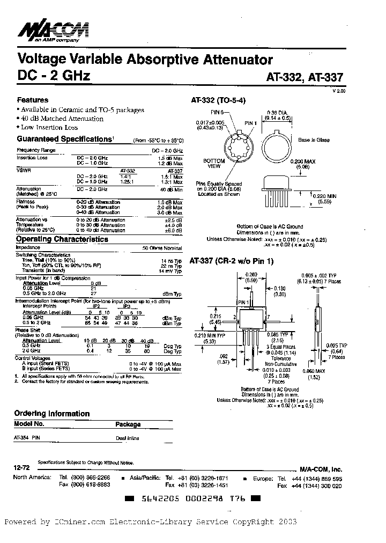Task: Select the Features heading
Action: (x=33, y=100)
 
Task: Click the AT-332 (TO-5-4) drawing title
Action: (x=218, y=100)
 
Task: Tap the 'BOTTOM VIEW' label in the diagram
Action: (x=214, y=164)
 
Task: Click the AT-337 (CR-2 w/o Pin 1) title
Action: (x=232, y=261)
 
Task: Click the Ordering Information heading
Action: (x=51, y=414)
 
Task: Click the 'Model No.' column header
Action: (x=29, y=424)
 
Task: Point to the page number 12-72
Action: (x=21, y=468)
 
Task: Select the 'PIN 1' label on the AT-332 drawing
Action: (x=251, y=123)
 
